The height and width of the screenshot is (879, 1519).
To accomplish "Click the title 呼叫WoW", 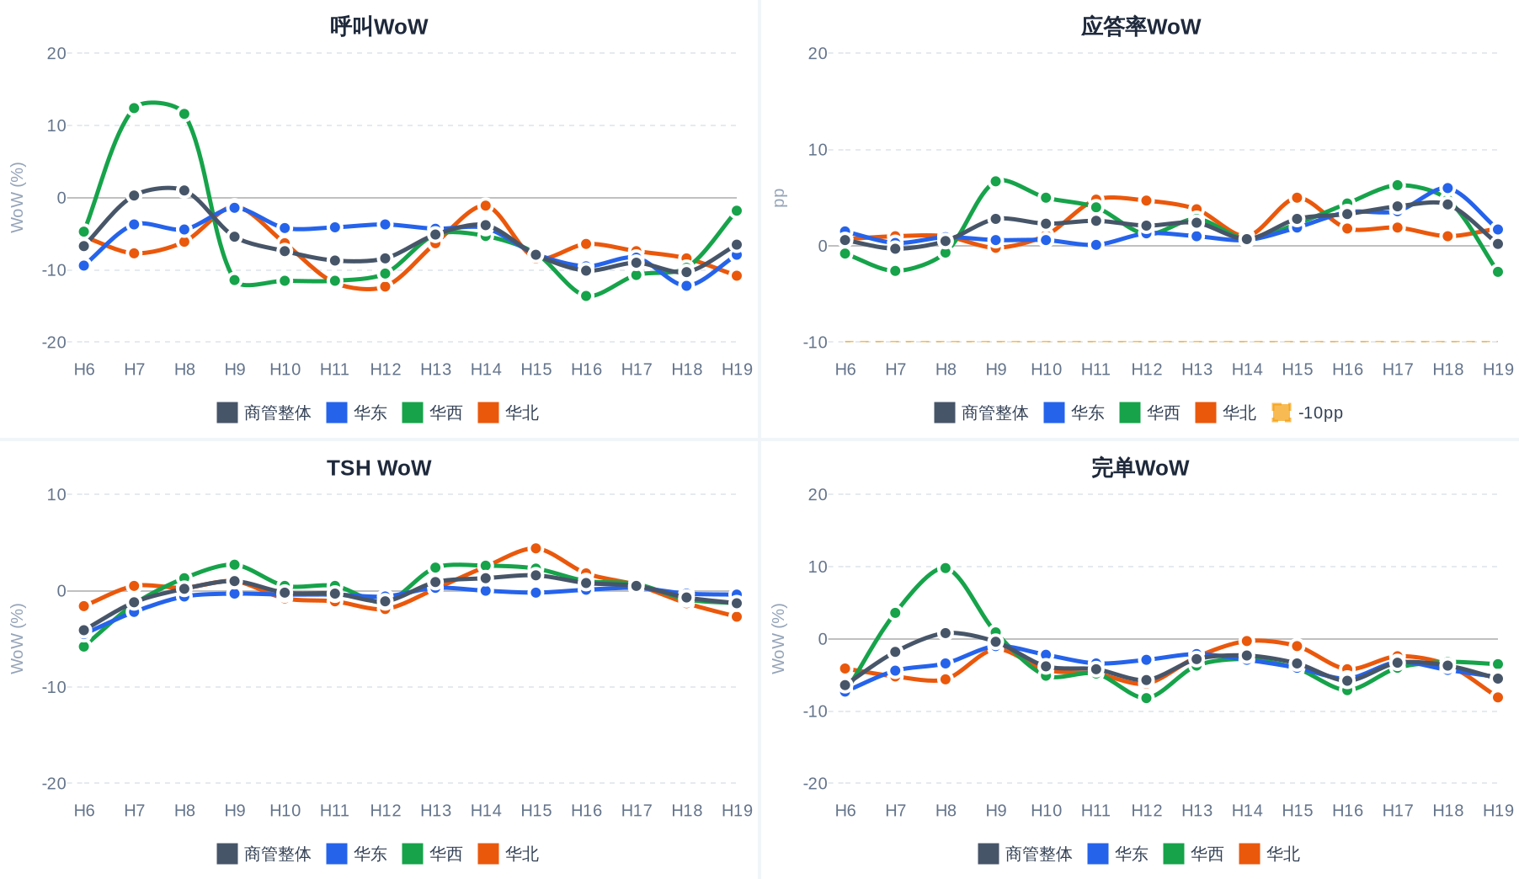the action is pos(379,26).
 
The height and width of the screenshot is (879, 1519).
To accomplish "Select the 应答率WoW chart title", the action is pos(1140,26).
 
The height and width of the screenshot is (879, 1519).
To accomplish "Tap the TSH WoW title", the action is pos(379,467).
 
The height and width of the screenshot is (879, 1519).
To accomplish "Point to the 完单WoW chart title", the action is pos(1140,467).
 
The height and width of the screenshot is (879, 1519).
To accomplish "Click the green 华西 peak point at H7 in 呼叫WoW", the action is pos(134,108).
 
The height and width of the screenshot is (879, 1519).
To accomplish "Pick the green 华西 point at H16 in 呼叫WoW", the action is pos(586,296).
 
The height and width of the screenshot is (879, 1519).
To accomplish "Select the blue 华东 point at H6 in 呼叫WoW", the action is pos(84,265).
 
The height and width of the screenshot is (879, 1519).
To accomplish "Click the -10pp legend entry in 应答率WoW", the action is pos(1308,413).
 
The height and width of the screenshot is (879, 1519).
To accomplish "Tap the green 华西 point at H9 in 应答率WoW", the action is pos(995,181).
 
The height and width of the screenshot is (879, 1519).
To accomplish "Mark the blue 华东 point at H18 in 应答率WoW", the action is pos(1447,189).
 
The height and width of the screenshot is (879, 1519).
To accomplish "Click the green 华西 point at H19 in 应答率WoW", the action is pos(1498,272).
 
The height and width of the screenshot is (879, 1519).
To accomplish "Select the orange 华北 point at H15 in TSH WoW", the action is pos(536,548).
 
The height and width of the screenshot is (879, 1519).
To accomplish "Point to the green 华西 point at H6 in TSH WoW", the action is pos(84,646).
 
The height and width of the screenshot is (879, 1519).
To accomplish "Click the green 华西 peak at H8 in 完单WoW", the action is pos(946,568).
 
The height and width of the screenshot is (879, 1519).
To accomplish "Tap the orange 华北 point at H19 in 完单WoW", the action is pos(1498,697).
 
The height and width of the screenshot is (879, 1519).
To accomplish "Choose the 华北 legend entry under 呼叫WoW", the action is pos(509,413).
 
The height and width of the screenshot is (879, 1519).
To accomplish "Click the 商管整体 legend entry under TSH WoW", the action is pos(264,854).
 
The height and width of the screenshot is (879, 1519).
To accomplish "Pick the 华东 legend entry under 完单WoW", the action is pos(1118,854).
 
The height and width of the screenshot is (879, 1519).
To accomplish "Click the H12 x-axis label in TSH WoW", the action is pos(386,810).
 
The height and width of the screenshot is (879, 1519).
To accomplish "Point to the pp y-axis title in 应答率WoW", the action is pos(780,198).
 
